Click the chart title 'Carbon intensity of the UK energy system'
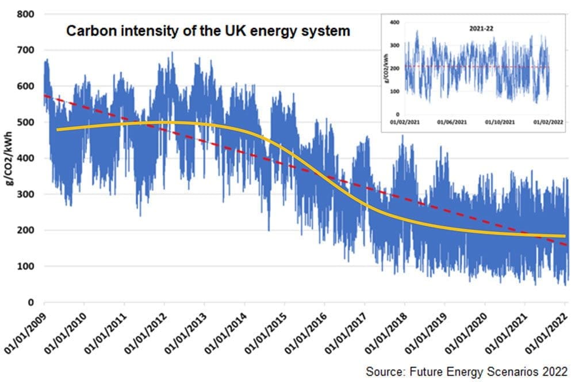coord(208,31)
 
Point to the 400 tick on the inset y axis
coord(394,22)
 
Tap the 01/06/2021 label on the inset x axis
coord(452,123)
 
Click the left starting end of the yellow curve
coord(57,130)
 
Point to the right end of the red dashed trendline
coord(566,245)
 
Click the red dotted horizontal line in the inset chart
coord(477,67)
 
